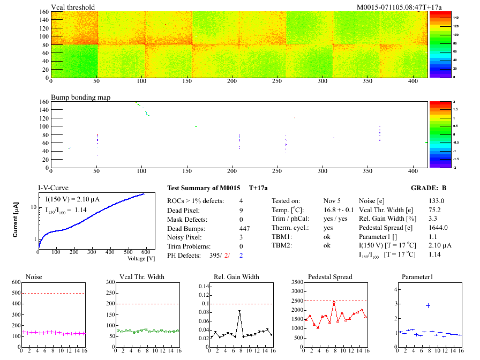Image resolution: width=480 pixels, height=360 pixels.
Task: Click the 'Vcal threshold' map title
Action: (73, 7)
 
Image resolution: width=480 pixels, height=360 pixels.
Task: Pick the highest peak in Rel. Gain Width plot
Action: (239, 311)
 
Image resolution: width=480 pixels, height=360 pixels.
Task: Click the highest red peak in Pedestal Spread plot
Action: (334, 302)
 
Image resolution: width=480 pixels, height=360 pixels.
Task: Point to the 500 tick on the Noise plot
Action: (16, 294)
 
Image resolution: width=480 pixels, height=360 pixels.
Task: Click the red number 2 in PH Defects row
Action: (227, 256)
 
